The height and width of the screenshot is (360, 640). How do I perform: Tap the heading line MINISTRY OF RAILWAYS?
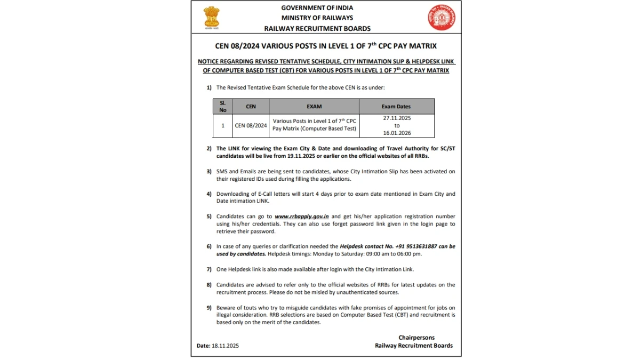point(317,18)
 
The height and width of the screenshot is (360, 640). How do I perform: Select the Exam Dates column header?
point(396,106)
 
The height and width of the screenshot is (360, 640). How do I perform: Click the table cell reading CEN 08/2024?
point(251,126)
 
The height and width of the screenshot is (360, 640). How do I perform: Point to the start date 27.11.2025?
point(397,118)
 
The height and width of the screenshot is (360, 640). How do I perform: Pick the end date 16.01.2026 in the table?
point(397,133)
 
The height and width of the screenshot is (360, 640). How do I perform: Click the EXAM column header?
point(314,106)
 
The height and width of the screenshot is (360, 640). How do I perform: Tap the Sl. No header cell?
point(222,106)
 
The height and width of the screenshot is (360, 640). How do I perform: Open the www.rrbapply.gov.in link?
point(302,217)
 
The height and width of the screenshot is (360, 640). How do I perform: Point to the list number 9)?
point(209,308)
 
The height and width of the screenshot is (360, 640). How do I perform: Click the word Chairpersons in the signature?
point(417,338)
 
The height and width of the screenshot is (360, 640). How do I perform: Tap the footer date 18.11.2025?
point(225,346)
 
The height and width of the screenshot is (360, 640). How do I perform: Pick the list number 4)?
point(209,194)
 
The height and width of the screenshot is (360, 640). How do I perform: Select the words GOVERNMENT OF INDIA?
point(317,8)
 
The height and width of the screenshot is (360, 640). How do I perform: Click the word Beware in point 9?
point(225,308)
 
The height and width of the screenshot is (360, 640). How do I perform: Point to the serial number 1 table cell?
point(222,126)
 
